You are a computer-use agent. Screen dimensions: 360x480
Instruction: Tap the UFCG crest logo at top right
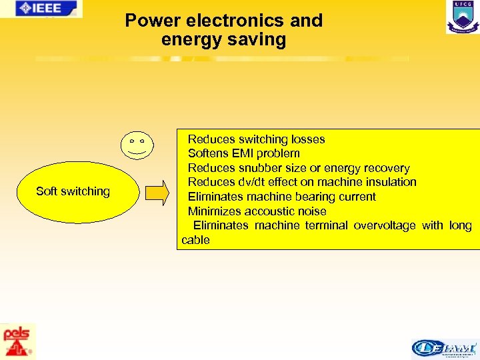(462, 17)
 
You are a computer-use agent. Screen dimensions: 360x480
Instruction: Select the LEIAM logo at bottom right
(444, 347)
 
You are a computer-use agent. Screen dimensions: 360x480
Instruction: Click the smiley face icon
(137, 145)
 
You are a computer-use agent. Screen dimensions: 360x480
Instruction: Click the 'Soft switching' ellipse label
(73, 192)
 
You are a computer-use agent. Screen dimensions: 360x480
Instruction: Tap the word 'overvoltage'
(384, 225)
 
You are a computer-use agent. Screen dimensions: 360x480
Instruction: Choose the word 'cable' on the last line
(195, 240)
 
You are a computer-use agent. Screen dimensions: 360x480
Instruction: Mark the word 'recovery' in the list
(386, 168)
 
